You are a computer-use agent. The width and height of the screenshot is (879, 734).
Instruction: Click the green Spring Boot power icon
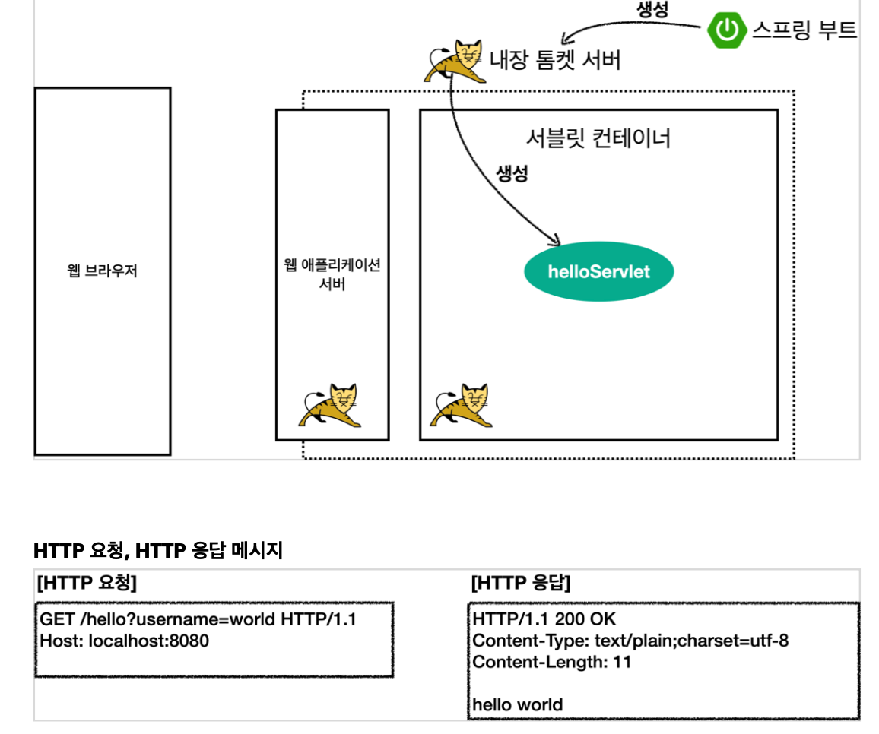727,30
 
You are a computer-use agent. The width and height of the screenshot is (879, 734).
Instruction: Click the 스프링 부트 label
804,30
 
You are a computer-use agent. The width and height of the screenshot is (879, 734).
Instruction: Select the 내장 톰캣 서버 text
555,59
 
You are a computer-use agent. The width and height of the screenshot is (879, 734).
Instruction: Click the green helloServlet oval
599,271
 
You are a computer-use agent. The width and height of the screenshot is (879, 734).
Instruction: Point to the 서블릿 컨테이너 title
598,138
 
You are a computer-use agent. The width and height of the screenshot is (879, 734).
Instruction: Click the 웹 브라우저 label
103,271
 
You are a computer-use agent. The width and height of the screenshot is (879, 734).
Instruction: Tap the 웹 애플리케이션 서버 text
332,275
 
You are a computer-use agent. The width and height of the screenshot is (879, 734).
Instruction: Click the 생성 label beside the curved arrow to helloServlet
512,173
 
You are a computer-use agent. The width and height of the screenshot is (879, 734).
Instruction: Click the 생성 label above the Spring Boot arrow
652,8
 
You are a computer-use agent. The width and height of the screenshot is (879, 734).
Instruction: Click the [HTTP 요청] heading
87,583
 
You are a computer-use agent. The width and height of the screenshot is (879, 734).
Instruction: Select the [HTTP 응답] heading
521,583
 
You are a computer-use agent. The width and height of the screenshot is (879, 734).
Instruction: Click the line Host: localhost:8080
124,641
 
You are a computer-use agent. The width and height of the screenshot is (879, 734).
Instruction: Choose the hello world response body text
518,704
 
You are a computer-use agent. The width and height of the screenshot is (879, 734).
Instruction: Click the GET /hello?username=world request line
198,619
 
